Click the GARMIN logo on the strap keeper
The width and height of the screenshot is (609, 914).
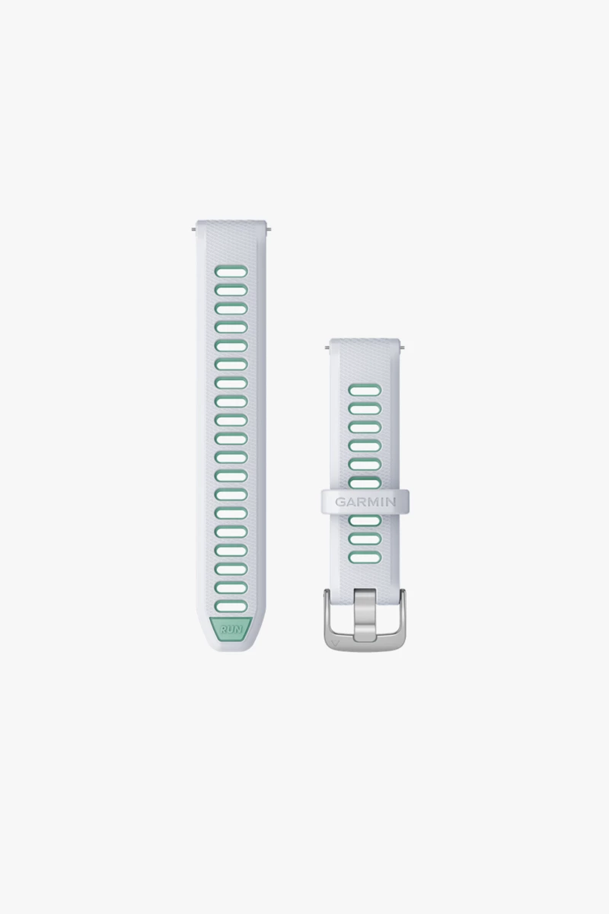[365, 501]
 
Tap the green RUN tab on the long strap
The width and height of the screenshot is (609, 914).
[231, 629]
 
